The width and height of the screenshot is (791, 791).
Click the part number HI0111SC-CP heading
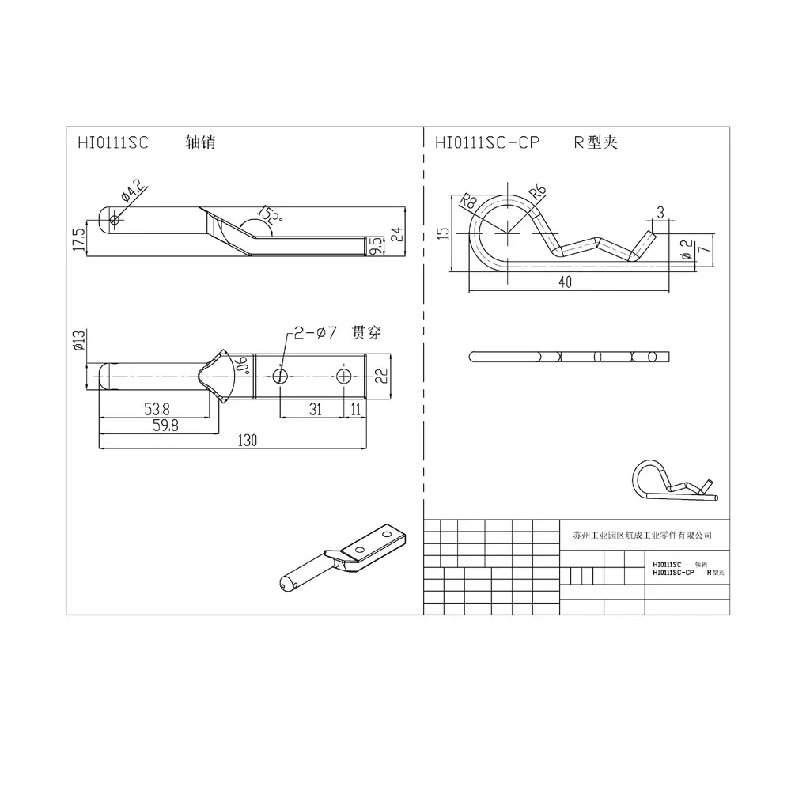click(487, 142)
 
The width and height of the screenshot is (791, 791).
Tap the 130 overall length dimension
click(247, 441)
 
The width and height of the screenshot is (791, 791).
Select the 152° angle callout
click(270, 215)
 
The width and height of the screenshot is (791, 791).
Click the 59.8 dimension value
click(165, 426)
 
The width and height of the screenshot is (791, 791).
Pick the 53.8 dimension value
click(157, 409)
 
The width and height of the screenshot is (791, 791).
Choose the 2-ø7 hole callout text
click(316, 332)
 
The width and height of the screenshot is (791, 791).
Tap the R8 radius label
click(468, 201)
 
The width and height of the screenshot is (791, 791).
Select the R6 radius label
click(538, 192)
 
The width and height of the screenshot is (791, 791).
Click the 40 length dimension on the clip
click(565, 282)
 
